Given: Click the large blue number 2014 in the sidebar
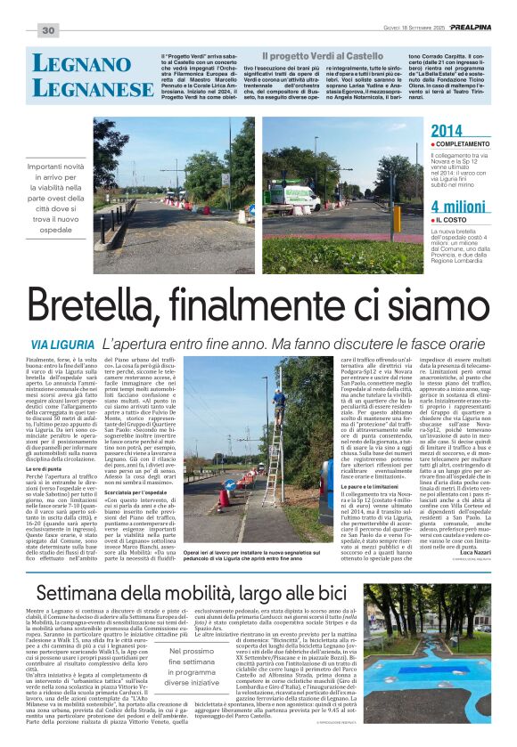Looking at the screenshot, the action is (447, 132).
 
